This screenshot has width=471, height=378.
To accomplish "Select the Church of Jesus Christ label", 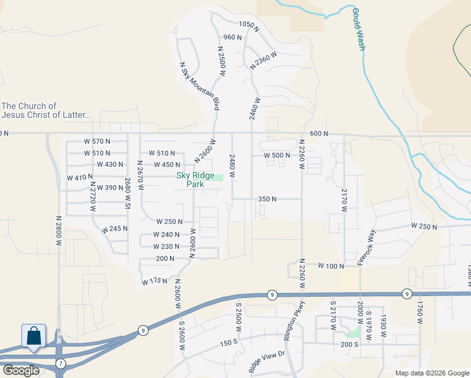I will tap(47, 110).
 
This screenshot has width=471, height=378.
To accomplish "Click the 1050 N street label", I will tap(249, 24).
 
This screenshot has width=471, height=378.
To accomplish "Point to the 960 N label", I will tap(232, 37).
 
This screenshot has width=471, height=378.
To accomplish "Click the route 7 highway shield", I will tap(60, 364).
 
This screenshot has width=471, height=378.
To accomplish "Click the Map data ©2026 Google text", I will tap(432, 373).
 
